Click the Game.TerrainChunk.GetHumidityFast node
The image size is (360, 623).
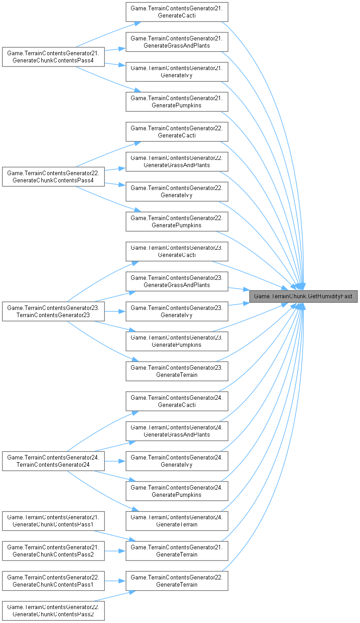pyautogui.click(x=303, y=296)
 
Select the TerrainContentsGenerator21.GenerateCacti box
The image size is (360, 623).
pyautogui.click(x=177, y=12)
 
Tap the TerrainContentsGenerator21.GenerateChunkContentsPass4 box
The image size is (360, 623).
pyautogui.click(x=53, y=57)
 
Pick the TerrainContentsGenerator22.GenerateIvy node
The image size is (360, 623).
pyautogui.click(x=177, y=191)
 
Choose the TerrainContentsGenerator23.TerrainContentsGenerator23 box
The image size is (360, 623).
pyautogui.click(x=53, y=311)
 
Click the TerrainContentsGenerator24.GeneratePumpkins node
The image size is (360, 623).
pyautogui.click(x=177, y=491)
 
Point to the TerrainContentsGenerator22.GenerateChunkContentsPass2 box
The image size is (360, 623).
pyautogui.click(x=53, y=611)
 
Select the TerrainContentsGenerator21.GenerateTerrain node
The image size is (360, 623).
pyautogui.click(x=177, y=551)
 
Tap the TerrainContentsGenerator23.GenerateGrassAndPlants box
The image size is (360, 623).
pyautogui.click(x=177, y=281)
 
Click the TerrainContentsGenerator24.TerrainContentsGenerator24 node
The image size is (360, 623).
pyautogui.click(x=53, y=461)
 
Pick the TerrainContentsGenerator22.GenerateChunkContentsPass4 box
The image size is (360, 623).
pyautogui.click(x=53, y=177)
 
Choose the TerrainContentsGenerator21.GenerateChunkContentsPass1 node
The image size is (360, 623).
pyautogui.click(x=53, y=521)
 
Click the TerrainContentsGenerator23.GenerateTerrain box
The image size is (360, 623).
pyautogui.click(x=177, y=371)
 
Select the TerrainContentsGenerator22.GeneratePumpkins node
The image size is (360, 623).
pyautogui.click(x=177, y=221)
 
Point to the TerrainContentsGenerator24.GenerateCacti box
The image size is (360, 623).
pyautogui.click(x=177, y=401)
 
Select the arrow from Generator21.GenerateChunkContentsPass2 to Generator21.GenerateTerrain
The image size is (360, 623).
pyautogui.click(x=115, y=551)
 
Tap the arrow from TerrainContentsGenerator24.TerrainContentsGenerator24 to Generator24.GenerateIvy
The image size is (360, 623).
pyautogui.click(x=115, y=461)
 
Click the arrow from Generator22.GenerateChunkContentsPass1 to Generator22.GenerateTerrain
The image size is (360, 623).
pyautogui.click(x=115, y=581)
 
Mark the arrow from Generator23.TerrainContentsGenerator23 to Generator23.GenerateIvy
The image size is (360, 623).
pyautogui.click(x=115, y=311)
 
